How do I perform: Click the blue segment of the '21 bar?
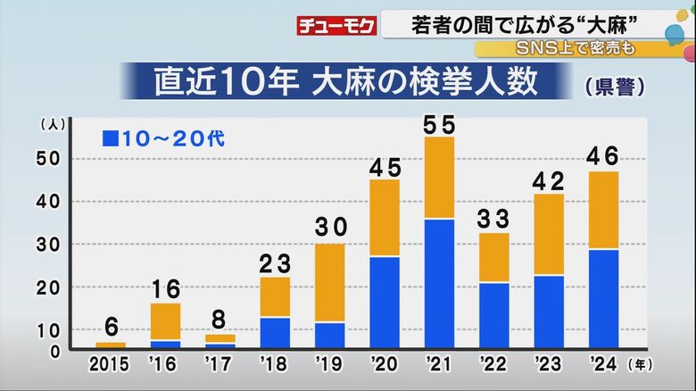(439, 282)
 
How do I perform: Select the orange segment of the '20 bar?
(385, 218)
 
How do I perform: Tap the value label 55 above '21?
(439, 125)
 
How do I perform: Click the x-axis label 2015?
(110, 365)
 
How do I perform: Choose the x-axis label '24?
(603, 365)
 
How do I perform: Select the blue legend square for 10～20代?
(111, 138)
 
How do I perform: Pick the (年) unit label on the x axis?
(640, 364)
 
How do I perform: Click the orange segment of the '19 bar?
(329, 282)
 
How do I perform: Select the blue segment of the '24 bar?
(603, 298)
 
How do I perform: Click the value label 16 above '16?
(165, 289)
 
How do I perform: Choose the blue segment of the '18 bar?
(275, 332)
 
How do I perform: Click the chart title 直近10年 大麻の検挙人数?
(346, 82)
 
